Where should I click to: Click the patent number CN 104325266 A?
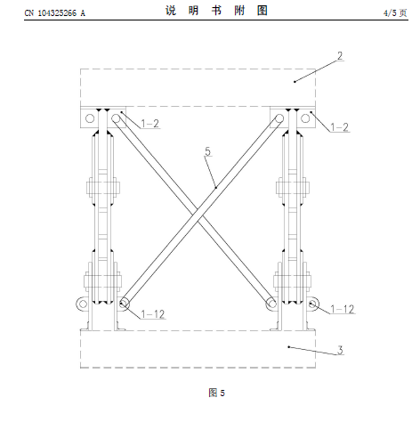(55, 13)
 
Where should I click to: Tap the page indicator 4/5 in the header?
(390, 12)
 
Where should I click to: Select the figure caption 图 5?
(216, 393)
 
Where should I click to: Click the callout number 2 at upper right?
(340, 56)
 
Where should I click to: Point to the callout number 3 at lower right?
(340, 350)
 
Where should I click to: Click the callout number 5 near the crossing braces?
(207, 151)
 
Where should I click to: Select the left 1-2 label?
(150, 124)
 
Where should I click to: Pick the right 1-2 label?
(340, 127)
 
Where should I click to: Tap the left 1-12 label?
(153, 314)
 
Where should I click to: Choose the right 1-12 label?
(343, 309)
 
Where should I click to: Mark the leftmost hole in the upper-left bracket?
(90, 118)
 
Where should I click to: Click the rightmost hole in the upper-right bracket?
(305, 118)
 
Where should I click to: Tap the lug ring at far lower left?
(83, 304)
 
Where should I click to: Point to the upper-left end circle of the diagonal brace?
(116, 118)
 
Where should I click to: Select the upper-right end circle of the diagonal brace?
(279, 118)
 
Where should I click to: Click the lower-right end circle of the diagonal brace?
(271, 304)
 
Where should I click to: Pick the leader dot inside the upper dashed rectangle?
(295, 82)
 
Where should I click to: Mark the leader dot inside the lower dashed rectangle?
(288, 346)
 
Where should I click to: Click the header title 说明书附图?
(217, 11)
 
